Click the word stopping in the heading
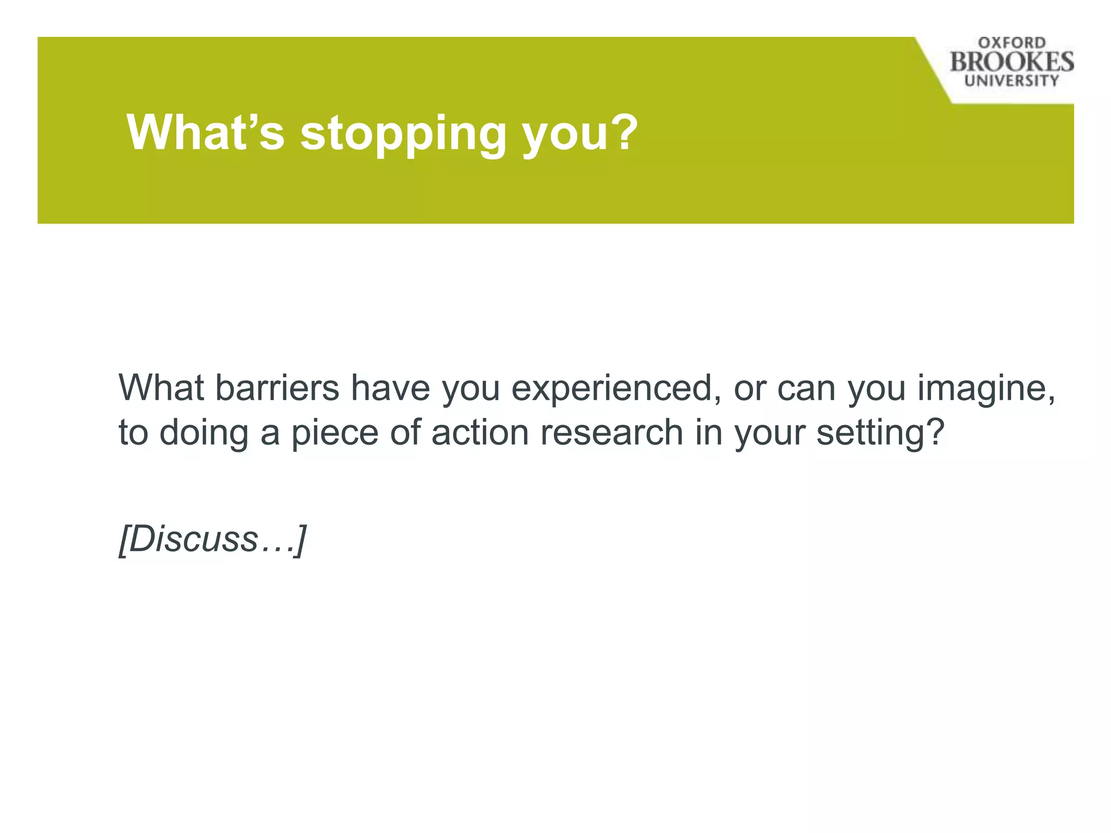(x=403, y=134)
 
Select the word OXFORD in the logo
(x=1012, y=43)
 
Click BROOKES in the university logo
(x=1012, y=62)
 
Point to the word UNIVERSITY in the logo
(x=1012, y=81)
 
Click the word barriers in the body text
(x=277, y=388)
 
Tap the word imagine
(x=986, y=388)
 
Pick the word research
(x=611, y=432)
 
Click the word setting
(x=880, y=432)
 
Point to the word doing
(x=203, y=432)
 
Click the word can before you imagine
(x=806, y=388)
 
